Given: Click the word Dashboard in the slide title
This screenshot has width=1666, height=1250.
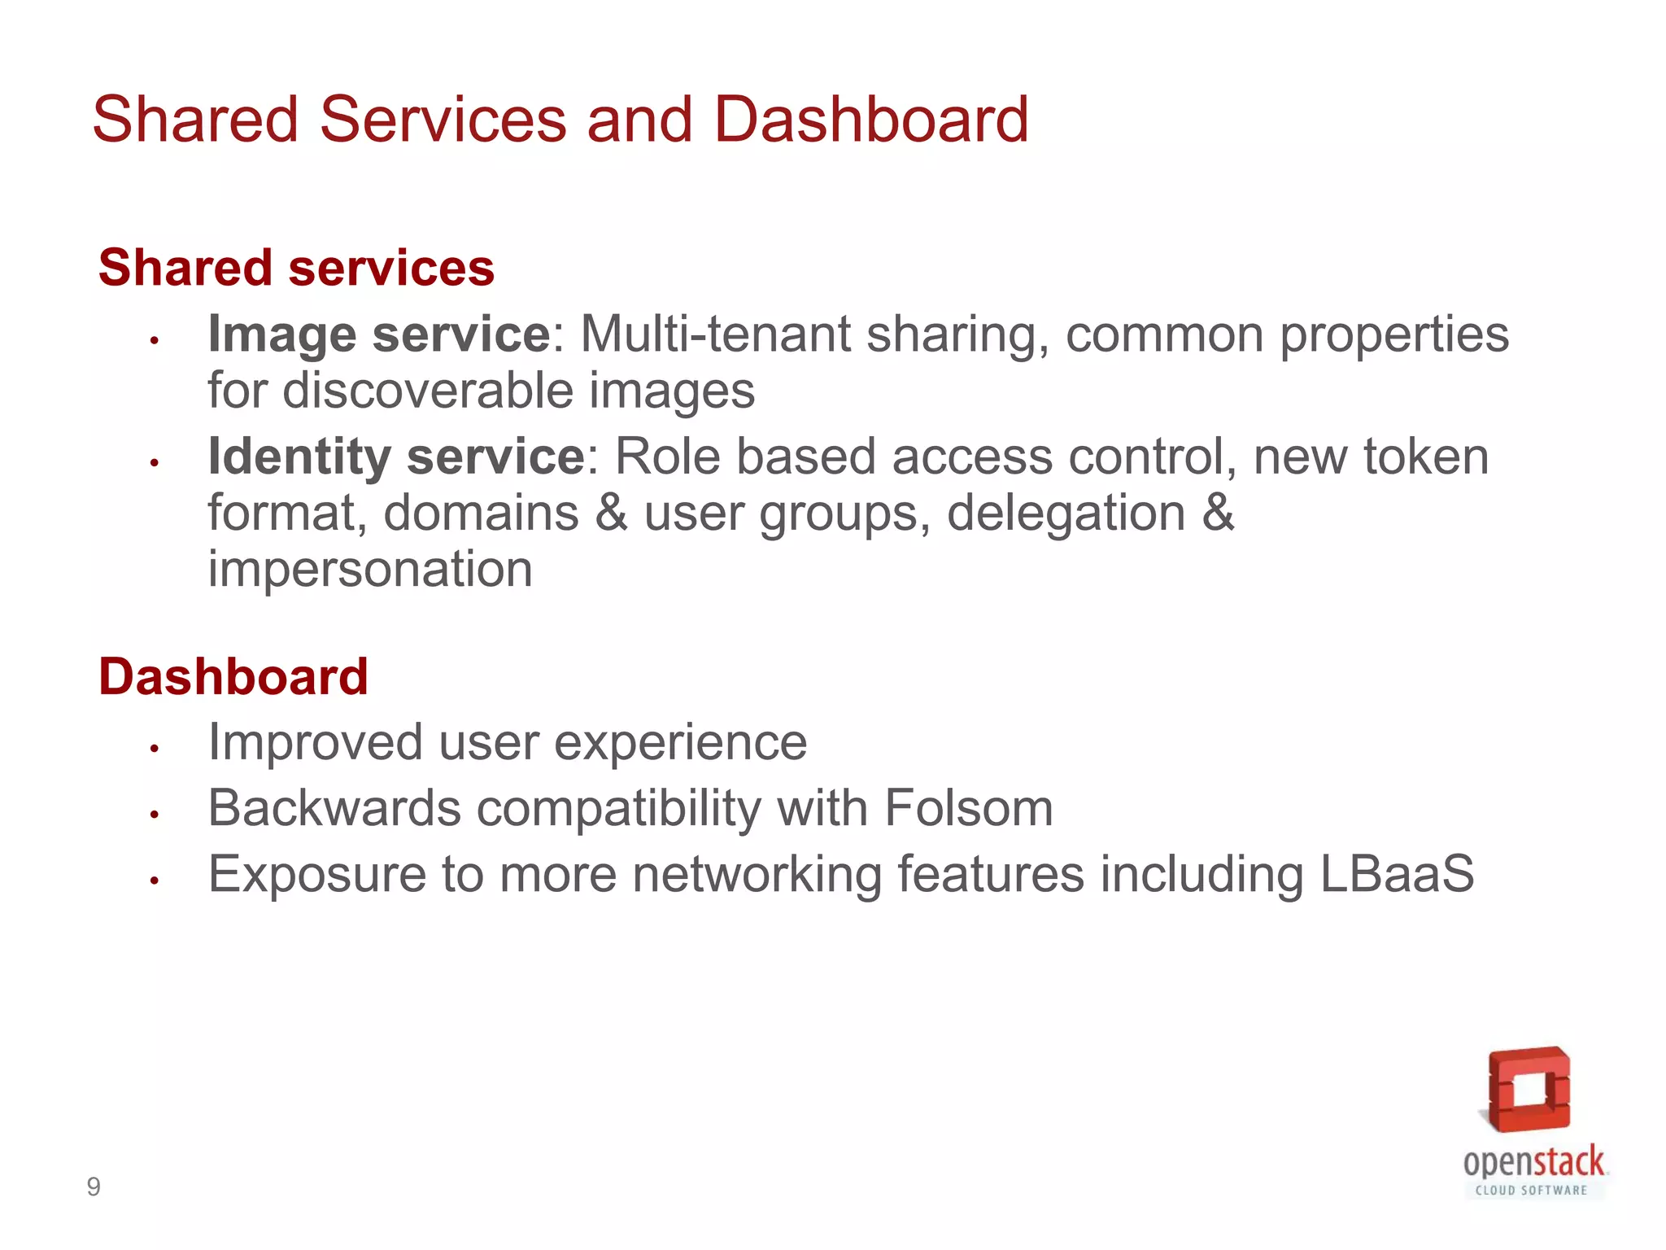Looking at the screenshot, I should [x=870, y=120].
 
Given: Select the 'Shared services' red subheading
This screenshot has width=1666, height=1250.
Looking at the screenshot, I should [x=296, y=268].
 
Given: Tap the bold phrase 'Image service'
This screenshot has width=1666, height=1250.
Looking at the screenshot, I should [x=380, y=334].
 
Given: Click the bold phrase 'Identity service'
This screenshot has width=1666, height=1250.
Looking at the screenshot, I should [x=396, y=457].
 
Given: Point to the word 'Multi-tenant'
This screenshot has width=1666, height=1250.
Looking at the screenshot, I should [x=715, y=334].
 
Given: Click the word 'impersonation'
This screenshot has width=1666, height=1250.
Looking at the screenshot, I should [x=370, y=569].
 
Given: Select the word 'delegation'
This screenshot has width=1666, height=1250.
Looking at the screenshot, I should [x=1066, y=514].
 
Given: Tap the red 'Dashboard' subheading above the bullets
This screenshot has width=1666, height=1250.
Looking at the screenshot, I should [x=233, y=676].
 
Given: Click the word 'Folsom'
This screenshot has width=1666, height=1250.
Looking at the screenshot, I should [x=968, y=808].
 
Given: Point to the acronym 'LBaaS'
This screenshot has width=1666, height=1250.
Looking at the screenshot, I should [x=1396, y=874].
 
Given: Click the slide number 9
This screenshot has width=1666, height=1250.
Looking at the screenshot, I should [x=94, y=1187].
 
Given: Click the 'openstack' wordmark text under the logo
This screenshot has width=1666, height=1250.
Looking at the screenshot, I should [x=1533, y=1161].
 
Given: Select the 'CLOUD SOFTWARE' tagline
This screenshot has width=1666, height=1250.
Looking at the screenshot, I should [x=1531, y=1190].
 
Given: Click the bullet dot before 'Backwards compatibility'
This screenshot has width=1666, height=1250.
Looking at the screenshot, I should [x=154, y=813].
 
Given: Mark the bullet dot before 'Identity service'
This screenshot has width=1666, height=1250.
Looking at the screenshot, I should [x=154, y=462].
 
